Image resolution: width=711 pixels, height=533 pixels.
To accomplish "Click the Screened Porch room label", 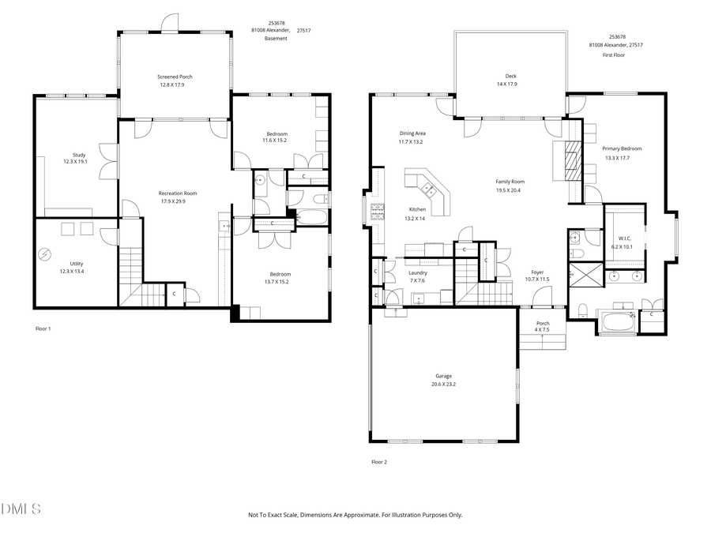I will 175,77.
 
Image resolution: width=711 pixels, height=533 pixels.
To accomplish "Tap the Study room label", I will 78,155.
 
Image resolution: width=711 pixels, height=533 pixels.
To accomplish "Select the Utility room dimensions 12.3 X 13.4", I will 76,271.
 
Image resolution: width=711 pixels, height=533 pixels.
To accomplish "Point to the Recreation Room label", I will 178,193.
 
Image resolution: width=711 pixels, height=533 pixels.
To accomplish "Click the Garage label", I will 443,376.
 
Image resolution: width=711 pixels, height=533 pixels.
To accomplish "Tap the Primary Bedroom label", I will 622,148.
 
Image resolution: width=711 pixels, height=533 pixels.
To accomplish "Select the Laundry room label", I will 417,272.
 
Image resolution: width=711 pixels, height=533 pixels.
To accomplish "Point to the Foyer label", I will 537,272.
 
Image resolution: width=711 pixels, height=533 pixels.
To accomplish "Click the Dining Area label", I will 412,133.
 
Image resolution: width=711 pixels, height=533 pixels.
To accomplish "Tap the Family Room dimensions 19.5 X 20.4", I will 510,190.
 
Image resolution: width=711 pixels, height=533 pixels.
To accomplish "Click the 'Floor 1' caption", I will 43,328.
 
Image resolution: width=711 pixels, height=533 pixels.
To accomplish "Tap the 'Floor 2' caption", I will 379,462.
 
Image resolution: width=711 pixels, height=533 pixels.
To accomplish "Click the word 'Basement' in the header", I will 276,38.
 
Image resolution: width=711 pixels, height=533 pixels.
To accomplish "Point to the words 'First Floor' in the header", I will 614,55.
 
